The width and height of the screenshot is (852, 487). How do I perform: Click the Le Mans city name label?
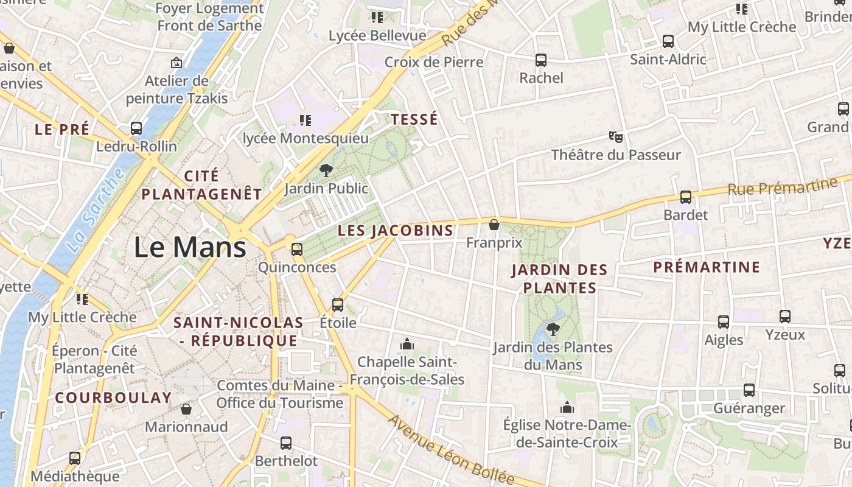[190, 248]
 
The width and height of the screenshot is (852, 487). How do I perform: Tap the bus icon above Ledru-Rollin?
[136, 128]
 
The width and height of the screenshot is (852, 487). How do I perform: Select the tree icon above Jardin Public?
[326, 170]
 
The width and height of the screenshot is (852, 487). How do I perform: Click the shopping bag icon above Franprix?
[494, 225]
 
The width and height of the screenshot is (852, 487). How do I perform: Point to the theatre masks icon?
[616, 136]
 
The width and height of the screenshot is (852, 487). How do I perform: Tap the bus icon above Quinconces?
[297, 249]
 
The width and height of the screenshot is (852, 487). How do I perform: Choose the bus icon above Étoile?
[338, 304]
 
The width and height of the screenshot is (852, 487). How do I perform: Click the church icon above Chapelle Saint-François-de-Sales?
[407, 345]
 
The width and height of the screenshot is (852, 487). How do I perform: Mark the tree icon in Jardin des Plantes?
[553, 329]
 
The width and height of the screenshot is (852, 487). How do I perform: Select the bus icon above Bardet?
[686, 197]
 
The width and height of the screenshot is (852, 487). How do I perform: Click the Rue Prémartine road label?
[783, 186]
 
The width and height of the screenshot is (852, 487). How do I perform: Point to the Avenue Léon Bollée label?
[450, 450]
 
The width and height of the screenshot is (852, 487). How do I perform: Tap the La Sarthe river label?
[95, 210]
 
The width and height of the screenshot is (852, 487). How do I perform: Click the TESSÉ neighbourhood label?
[414, 119]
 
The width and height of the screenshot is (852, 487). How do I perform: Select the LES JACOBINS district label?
[396, 231]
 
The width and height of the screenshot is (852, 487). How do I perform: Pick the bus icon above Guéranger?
[749, 390]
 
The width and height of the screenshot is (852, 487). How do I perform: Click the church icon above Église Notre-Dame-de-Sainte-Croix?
[567, 407]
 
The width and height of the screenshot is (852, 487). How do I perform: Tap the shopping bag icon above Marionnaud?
[186, 409]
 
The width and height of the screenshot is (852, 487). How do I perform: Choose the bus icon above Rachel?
[541, 60]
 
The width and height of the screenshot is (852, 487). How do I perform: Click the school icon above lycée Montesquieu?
[306, 121]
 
